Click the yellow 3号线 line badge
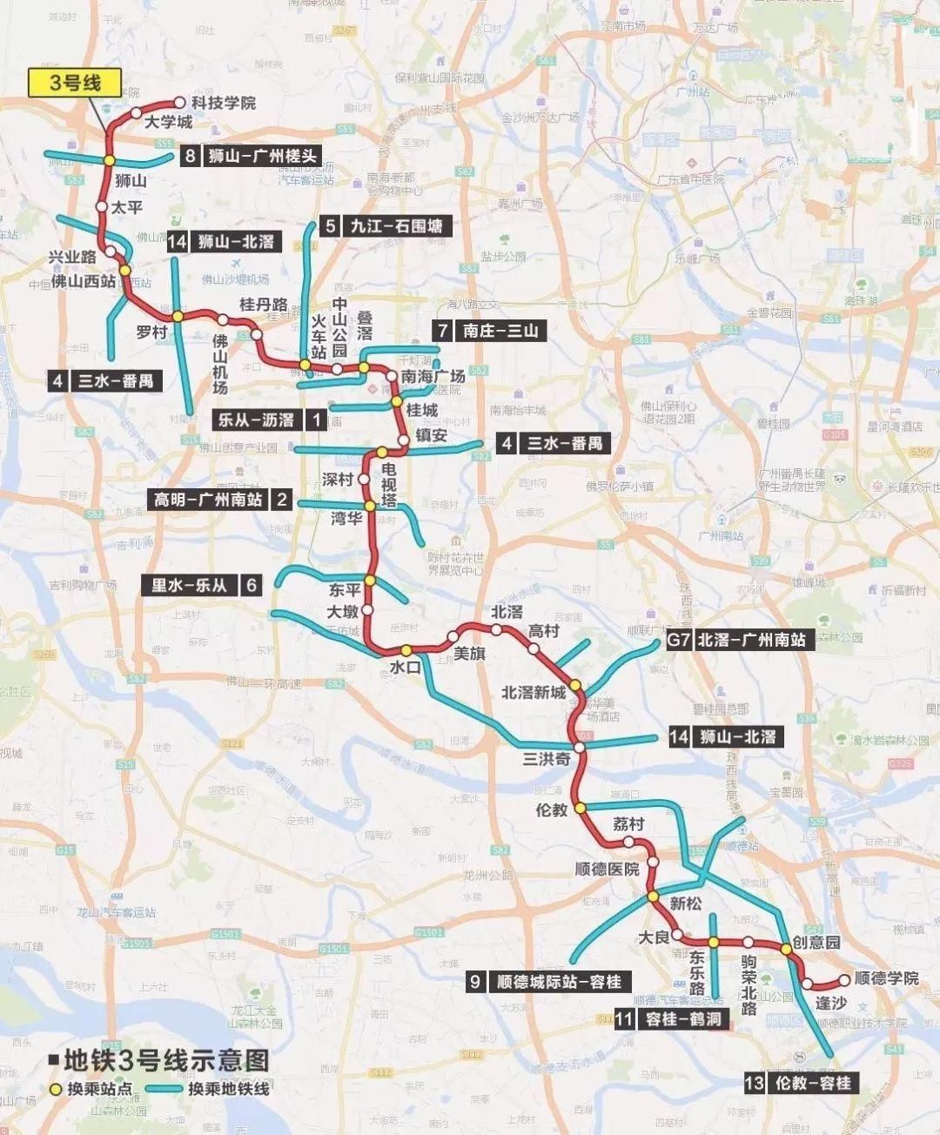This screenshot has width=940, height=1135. pos(74,83)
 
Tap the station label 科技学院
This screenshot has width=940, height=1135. pos(224,103)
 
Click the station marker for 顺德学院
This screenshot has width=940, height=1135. pos(843,981)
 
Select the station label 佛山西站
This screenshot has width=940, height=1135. pos(84,280)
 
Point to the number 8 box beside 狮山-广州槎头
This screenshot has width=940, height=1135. pos(191,157)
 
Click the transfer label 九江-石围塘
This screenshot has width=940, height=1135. pos(396,226)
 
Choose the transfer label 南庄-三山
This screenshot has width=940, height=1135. pos(500,331)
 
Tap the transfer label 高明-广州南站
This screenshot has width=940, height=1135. pos(209,500)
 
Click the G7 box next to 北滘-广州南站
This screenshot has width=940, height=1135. pos(679,640)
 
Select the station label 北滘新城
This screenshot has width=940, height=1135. pos(534,693)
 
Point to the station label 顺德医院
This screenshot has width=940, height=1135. pos(608,869)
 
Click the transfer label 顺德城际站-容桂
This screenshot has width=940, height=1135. pos(559,982)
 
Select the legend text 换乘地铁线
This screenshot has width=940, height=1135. pos(229,1089)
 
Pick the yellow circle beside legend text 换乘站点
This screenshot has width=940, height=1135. pos(57,1089)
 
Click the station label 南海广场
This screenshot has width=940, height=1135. pos(433,377)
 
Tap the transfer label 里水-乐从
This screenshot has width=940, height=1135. pos(189,585)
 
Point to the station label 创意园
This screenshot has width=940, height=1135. pos(816,943)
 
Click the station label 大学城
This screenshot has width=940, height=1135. pos(168,122)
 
